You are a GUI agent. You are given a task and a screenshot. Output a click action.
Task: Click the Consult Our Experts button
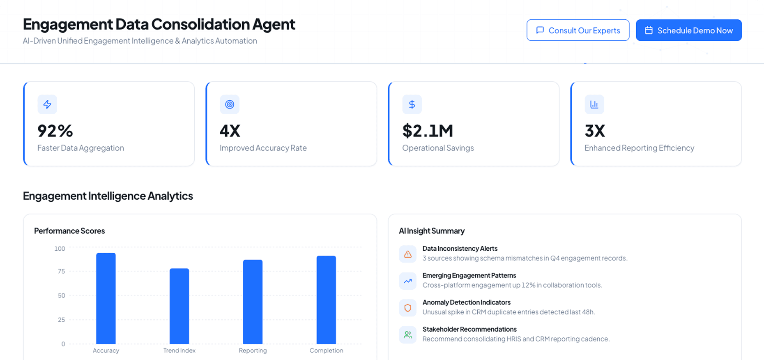(578, 30)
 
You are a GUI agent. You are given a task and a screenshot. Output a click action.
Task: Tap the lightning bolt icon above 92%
(47, 104)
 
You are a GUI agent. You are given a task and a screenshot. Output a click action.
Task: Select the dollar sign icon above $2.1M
(412, 104)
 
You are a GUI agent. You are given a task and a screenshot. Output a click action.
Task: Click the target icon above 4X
(230, 104)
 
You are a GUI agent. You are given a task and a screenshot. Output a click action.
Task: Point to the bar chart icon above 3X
(594, 104)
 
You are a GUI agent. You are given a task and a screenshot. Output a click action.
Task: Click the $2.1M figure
(428, 131)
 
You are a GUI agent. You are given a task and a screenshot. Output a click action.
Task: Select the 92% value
(55, 131)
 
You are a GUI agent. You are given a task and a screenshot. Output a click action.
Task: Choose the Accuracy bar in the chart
(106, 298)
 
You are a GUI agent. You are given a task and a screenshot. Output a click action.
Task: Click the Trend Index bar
(179, 306)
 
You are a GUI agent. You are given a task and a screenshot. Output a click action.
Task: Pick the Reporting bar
(253, 302)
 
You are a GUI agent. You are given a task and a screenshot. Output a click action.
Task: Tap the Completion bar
(326, 300)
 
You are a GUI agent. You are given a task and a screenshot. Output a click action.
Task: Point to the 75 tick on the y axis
(61, 271)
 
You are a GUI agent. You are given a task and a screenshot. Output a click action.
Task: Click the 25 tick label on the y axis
(61, 320)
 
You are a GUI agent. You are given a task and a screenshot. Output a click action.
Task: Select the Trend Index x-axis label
(179, 351)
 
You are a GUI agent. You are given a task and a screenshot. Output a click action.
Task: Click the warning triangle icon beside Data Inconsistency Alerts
(407, 254)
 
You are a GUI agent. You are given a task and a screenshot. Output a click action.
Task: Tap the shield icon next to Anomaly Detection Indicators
(407, 308)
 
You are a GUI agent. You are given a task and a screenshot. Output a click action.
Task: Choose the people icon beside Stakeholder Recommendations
(407, 335)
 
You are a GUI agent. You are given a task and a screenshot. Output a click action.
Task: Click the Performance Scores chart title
(69, 231)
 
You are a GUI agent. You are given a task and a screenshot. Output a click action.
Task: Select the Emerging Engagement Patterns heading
(469, 275)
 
